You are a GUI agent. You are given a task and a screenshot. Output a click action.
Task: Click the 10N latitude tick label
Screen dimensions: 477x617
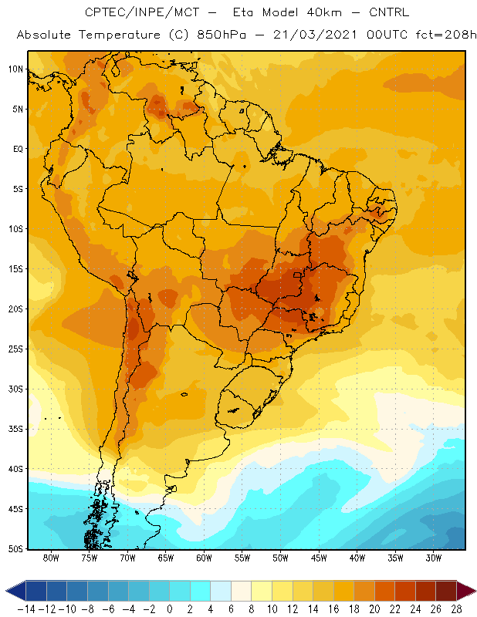(x=15, y=69)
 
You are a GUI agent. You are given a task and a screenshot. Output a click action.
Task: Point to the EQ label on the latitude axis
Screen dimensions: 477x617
(x=18, y=149)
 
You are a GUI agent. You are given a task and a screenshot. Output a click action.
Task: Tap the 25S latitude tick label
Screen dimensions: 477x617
(x=15, y=349)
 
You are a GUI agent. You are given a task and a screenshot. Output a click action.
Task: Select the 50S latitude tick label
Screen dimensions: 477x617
(x=15, y=548)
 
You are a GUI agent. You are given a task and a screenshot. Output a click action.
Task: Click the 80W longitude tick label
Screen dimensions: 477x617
(x=51, y=558)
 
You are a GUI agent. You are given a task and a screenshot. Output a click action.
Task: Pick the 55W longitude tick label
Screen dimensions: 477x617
(x=242, y=558)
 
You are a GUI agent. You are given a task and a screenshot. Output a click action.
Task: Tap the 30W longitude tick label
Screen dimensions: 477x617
(x=434, y=558)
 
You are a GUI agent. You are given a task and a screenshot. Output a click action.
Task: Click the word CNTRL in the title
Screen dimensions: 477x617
(x=389, y=12)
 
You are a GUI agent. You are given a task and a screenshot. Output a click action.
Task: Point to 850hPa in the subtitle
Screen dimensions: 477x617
(x=222, y=35)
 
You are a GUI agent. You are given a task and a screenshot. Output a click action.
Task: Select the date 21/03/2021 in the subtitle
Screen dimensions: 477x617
(x=315, y=35)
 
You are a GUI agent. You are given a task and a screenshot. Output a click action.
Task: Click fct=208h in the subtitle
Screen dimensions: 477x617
(x=446, y=35)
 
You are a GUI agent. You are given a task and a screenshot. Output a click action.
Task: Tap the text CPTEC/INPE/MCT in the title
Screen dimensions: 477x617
(x=142, y=12)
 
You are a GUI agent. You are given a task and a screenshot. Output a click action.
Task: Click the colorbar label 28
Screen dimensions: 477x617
(x=456, y=609)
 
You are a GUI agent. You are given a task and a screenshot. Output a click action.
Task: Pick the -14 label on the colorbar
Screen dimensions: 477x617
(x=26, y=609)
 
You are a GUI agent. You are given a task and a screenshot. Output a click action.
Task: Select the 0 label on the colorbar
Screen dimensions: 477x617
(x=169, y=609)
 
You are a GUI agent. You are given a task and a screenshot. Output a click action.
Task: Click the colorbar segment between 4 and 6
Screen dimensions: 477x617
(x=221, y=591)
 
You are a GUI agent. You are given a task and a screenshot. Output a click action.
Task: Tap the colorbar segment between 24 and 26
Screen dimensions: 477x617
(x=425, y=591)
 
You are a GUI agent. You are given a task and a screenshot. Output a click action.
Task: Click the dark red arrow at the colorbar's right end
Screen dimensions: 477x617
(x=465, y=591)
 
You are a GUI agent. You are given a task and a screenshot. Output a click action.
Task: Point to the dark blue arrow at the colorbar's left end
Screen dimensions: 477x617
(x=16, y=591)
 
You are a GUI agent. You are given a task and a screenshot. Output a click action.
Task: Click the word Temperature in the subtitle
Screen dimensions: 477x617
(x=120, y=35)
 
